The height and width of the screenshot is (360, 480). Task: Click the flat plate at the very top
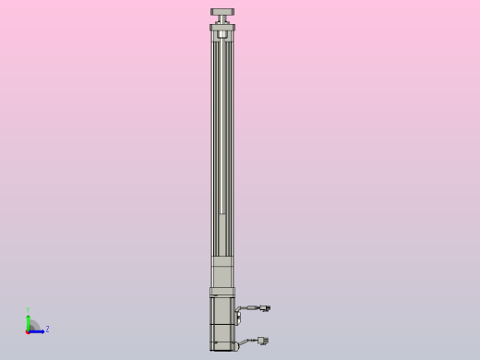click(222, 12)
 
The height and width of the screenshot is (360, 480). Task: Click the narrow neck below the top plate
click(222, 20)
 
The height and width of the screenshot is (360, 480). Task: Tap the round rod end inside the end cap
click(222, 35)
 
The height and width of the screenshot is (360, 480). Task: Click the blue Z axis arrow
click(38, 330)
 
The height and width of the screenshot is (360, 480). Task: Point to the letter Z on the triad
click(47, 329)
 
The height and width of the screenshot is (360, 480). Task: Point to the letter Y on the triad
click(28, 310)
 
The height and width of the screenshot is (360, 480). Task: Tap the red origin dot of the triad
click(28, 330)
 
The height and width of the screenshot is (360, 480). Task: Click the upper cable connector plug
click(265, 308)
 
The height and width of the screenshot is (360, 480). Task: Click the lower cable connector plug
click(263, 341)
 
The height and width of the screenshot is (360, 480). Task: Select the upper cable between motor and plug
click(247, 308)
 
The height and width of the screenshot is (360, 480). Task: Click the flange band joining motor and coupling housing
click(222, 292)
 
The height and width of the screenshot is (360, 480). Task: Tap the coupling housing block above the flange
click(222, 272)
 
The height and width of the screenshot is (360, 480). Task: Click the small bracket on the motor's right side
click(237, 317)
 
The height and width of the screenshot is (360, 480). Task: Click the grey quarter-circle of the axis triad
click(32, 325)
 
